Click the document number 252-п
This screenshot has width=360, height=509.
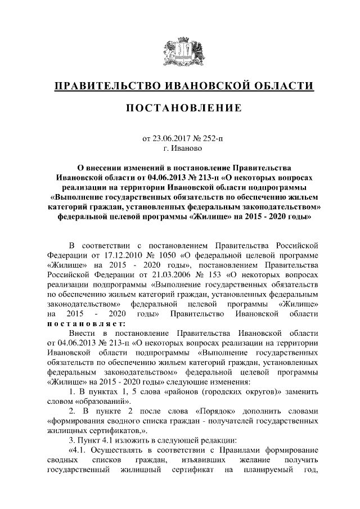tap(211, 138)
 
